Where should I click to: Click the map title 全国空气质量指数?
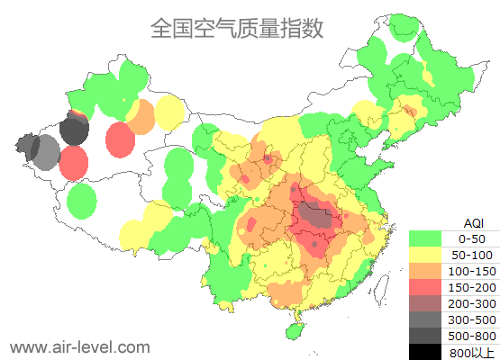[236, 29]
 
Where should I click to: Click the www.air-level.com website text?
[79, 346]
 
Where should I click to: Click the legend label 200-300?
[472, 303]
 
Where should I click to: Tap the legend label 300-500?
[472, 319]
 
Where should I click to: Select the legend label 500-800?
[472, 336]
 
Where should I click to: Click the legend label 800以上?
[472, 352]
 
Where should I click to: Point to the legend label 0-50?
[472, 238]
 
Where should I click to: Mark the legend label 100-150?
[472, 271]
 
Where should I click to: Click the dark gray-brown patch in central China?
[314, 215]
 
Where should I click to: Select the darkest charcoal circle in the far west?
[74, 131]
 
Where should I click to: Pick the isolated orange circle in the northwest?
[141, 116]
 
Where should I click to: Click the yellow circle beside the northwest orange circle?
[169, 112]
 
